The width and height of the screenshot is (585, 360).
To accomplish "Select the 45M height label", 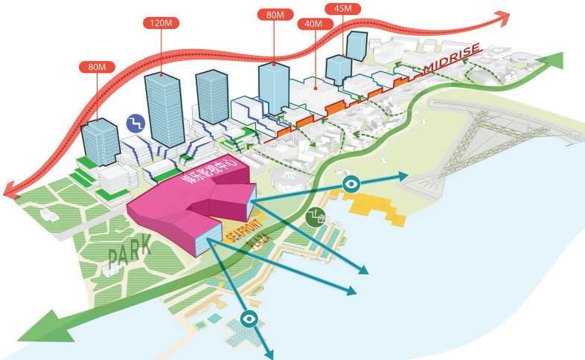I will [343, 10].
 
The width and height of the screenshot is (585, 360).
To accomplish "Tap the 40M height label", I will [314, 24].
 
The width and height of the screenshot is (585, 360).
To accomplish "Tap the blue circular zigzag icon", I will [135, 122].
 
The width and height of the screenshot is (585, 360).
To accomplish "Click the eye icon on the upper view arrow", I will [351, 182].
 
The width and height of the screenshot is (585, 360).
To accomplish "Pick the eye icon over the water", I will [250, 321].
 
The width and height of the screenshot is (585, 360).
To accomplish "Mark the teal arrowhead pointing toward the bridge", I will [403, 176].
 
